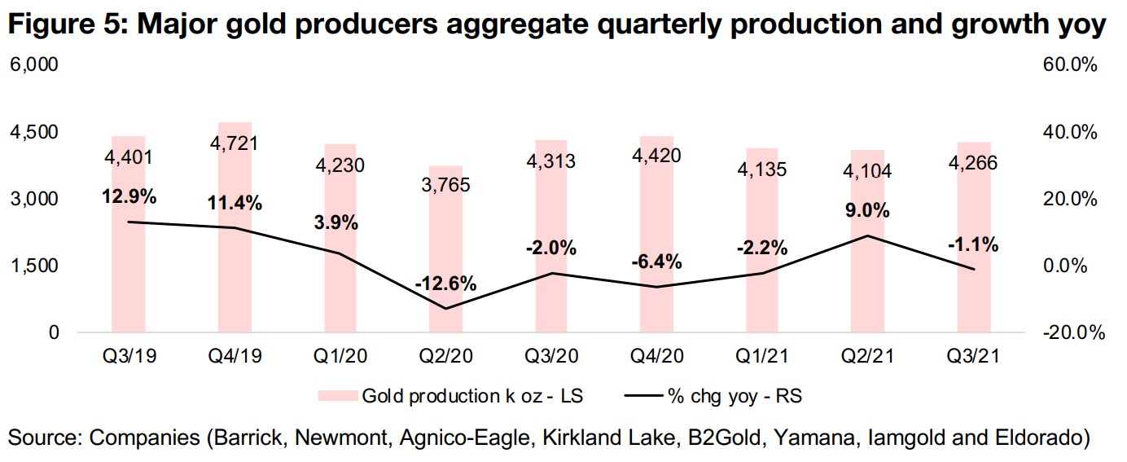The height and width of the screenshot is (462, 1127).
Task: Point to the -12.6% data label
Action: click(445, 284)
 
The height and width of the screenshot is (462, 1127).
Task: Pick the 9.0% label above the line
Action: click(866, 211)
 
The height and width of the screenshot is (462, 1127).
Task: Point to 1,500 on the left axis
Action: click(33, 266)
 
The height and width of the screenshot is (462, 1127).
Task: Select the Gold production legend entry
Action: click(471, 396)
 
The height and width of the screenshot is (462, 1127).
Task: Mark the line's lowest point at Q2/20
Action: click(445, 308)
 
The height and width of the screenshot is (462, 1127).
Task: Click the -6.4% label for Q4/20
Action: click(656, 262)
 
